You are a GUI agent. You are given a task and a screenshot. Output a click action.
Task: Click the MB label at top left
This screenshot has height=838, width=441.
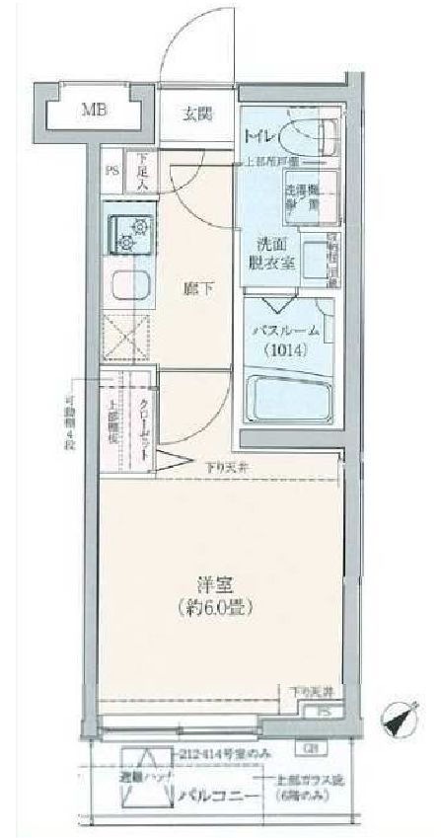click(93, 110)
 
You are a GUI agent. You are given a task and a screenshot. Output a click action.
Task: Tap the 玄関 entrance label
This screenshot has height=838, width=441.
click(197, 111)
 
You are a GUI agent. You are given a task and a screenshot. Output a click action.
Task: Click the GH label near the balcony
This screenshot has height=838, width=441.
click(312, 746)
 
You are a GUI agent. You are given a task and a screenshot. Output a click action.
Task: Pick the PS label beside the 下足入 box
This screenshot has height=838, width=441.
click(112, 169)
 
